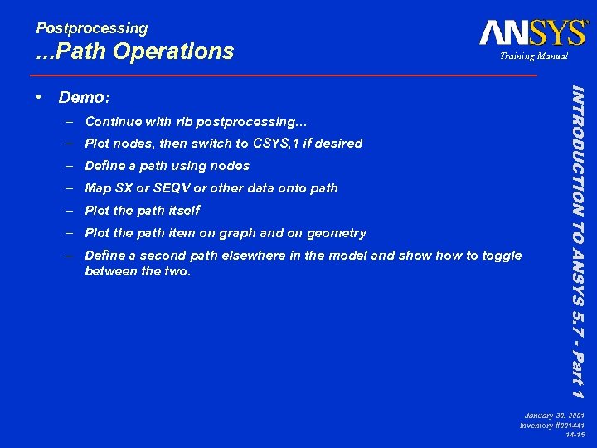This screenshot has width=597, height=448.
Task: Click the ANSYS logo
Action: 532,33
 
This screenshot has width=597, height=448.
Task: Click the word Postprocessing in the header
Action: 92,28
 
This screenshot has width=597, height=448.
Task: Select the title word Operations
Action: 173,52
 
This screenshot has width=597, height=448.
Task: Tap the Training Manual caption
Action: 533,56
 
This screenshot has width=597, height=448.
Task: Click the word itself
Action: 182,211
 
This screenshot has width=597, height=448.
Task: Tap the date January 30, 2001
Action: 554,415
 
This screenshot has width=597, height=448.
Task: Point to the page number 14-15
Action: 575,434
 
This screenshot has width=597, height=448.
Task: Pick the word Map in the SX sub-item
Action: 98,188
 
